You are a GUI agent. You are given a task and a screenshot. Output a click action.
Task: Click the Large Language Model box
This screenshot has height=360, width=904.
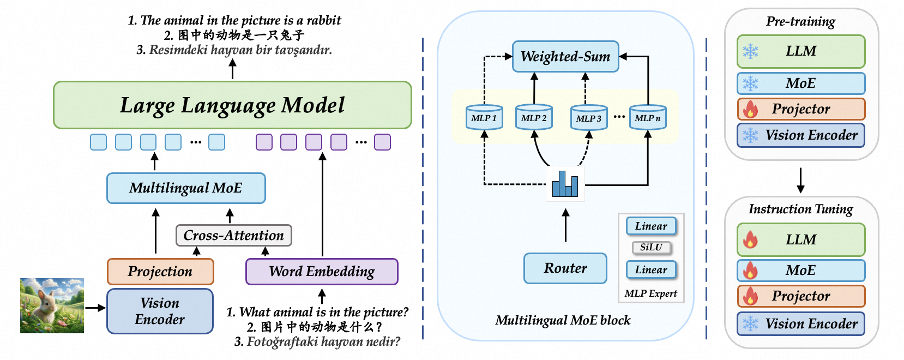(232, 105)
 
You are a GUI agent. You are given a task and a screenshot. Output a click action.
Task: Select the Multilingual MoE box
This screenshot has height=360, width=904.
(186, 188)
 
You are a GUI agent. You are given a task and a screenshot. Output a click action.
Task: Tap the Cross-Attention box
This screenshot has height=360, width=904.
(233, 236)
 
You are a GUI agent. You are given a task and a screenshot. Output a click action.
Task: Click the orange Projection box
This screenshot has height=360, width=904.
(160, 272)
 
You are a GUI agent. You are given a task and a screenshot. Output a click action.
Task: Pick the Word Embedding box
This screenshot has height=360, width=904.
(322, 272)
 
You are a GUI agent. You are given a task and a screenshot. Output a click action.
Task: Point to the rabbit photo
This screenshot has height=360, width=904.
(52, 305)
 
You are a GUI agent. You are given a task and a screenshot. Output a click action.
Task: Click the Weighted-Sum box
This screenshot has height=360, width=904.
(565, 57)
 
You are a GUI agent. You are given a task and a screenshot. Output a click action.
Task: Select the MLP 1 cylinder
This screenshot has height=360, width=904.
(484, 118)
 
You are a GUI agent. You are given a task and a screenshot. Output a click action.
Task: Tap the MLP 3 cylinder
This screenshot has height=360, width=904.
(589, 118)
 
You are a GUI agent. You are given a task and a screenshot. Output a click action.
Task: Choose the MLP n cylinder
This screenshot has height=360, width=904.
(648, 117)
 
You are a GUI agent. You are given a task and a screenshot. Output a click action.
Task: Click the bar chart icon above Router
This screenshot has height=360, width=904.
(565, 184)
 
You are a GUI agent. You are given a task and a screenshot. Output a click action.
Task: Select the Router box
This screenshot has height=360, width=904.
(565, 268)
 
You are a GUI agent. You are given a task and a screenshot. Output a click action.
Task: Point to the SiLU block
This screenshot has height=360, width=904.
(651, 248)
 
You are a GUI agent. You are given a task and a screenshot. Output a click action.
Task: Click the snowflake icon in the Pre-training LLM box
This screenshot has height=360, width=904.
(751, 52)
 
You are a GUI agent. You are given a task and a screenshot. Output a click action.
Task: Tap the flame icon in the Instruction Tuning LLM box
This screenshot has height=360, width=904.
(751, 239)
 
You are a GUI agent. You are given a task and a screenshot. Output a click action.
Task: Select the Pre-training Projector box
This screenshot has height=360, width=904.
(801, 109)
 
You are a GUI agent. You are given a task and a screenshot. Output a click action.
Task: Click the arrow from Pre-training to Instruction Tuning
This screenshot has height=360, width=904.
(800, 180)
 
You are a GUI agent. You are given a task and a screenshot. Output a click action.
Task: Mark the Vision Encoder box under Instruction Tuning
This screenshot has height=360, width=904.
(801, 324)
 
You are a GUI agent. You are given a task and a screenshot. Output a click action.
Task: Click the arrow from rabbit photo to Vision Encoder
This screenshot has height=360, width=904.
(95, 308)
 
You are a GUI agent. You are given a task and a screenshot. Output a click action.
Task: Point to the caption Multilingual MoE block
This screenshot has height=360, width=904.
(563, 320)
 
